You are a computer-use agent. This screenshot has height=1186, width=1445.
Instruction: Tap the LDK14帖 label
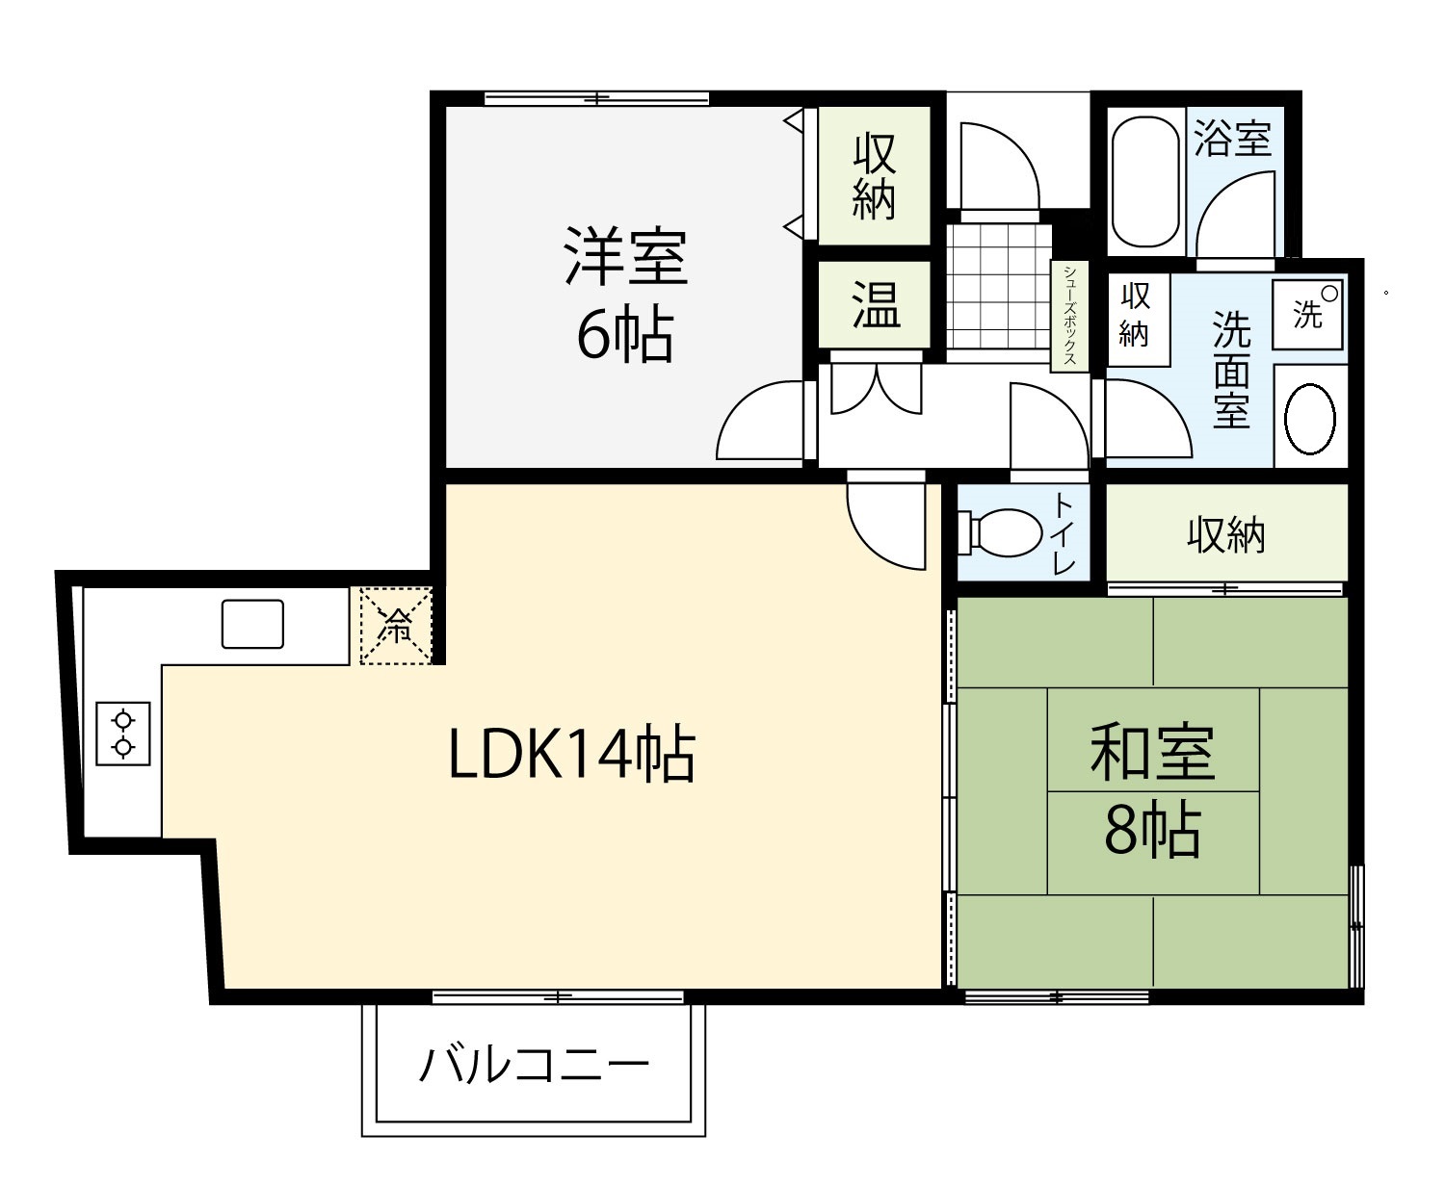[572, 754]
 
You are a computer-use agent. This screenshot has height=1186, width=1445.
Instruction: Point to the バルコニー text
[534, 1065]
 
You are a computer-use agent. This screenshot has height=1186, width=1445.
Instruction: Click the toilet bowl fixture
[1000, 532]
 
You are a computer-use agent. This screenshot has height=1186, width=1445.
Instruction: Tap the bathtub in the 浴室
[1144, 181]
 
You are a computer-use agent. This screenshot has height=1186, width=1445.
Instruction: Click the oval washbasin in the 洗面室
[1309, 419]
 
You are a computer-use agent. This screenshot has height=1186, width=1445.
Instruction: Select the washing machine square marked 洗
[1307, 314]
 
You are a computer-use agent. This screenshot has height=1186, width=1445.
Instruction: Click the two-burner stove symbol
[122, 734]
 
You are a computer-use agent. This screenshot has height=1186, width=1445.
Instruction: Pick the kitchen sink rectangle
[252, 624]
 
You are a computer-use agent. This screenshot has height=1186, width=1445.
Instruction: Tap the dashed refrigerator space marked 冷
[396, 625]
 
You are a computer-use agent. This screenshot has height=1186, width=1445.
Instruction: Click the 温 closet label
[875, 305]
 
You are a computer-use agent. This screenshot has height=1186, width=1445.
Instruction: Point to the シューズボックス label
[1069, 314]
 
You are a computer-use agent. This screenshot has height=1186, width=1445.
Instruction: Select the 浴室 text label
[1232, 139]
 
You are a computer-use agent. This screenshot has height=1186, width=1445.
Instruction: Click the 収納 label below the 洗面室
[1225, 535]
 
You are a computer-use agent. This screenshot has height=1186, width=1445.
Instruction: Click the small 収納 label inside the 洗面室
[1135, 314]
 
